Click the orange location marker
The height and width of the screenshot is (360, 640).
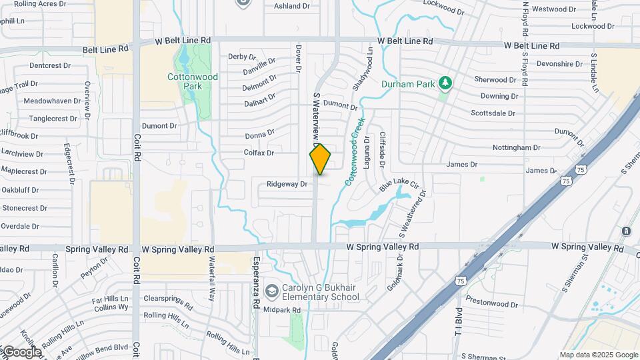320,159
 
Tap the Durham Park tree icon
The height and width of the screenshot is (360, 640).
445,84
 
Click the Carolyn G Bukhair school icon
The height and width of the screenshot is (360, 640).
271,291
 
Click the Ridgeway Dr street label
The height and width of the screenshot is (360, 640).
287,184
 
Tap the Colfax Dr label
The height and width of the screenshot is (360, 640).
259,153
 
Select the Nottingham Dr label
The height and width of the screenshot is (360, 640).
516,147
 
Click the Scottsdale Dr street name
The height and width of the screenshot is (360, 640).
493,113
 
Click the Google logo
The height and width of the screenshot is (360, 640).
22,352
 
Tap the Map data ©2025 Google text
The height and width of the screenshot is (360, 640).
598,355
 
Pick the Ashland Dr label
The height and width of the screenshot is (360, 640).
292,6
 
